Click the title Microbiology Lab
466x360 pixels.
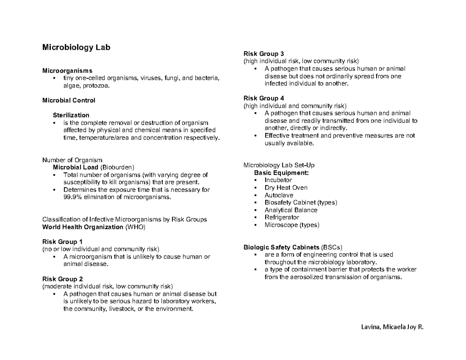[76, 47]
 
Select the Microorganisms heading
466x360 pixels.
[67, 71]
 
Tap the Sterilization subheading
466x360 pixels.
[71, 115]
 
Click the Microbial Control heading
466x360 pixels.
[69, 100]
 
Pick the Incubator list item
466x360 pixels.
[278, 180]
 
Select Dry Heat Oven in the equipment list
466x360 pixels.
[286, 188]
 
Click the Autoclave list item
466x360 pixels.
[279, 195]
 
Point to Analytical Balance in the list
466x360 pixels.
[291, 210]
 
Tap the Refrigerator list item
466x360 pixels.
[282, 217]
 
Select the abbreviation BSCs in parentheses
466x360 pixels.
[332, 247]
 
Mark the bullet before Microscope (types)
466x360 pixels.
[255, 225]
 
